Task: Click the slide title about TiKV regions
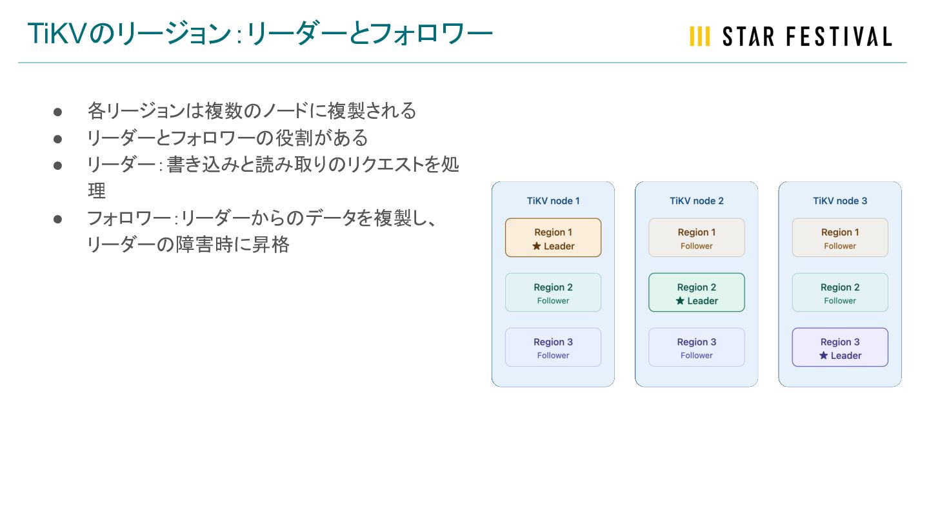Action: [x=259, y=34]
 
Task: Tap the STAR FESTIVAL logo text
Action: [x=806, y=37]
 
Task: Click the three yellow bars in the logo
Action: [x=699, y=37]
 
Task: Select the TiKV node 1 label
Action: [x=553, y=201]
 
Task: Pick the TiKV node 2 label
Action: [x=696, y=201]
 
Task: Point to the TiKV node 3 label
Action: [x=839, y=201]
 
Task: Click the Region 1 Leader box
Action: [x=553, y=238]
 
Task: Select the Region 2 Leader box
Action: [x=696, y=292]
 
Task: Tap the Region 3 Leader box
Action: [x=839, y=347]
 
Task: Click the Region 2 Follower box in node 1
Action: [x=553, y=292]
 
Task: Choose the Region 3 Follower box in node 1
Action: [x=553, y=347]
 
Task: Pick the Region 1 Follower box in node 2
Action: [x=696, y=238]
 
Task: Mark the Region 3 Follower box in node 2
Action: [x=696, y=347]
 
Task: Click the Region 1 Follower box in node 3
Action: [x=839, y=238]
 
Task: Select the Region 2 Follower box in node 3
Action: [x=839, y=292]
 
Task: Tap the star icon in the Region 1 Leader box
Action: [x=536, y=246]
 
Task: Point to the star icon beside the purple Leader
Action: [x=823, y=356]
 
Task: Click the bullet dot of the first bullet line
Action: [x=57, y=112]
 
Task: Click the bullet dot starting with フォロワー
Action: [x=57, y=219]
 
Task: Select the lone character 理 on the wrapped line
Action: [x=96, y=192]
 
